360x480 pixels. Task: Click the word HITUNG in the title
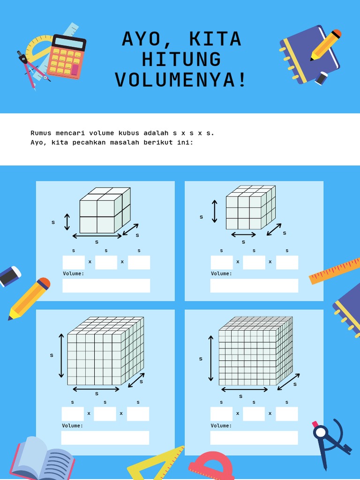pos(181,60)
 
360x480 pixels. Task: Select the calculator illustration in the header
pos(67,57)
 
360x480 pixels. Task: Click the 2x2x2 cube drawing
pos(105,210)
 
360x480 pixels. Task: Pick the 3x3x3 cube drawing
pos(251,207)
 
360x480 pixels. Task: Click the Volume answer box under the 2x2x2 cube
pos(106,285)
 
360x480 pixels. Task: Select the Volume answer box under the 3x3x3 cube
pos(254,285)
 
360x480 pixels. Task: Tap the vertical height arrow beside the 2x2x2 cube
pos(67,222)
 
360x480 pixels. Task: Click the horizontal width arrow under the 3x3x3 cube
pos(243,235)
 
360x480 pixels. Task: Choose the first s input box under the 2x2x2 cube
pos(74,262)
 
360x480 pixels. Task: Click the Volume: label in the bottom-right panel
pos(221,426)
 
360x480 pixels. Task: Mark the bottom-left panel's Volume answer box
pos(105,438)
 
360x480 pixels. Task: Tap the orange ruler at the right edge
pos(335,271)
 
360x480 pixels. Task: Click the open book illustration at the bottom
pos(42,458)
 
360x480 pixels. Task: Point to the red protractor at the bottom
pos(211,467)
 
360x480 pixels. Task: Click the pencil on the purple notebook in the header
pos(325,45)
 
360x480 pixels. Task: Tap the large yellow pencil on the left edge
pos(29,299)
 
